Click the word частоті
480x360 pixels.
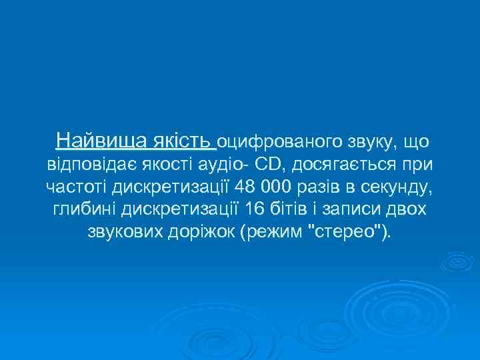(x=78, y=187)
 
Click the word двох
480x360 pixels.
(x=409, y=211)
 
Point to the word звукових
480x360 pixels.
(x=126, y=234)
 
